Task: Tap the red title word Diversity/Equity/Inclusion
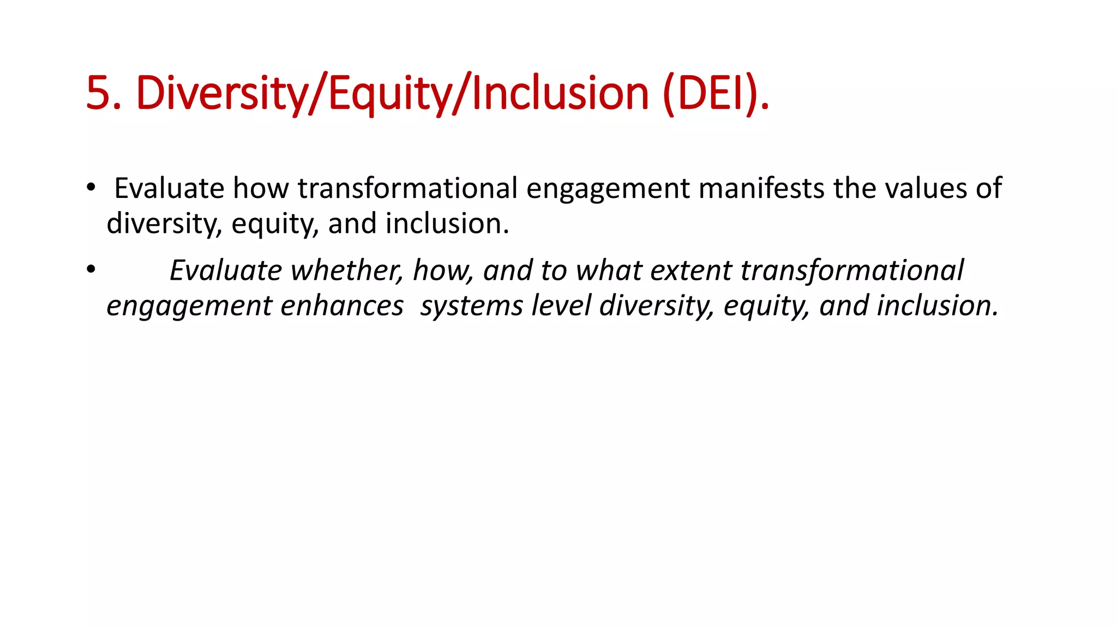point(393,93)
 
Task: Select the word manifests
point(761,188)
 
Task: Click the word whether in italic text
point(346,270)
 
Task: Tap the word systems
point(471,305)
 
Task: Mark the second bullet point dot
point(91,269)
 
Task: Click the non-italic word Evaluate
point(169,188)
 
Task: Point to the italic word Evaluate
point(226,270)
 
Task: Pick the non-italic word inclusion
point(447,224)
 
